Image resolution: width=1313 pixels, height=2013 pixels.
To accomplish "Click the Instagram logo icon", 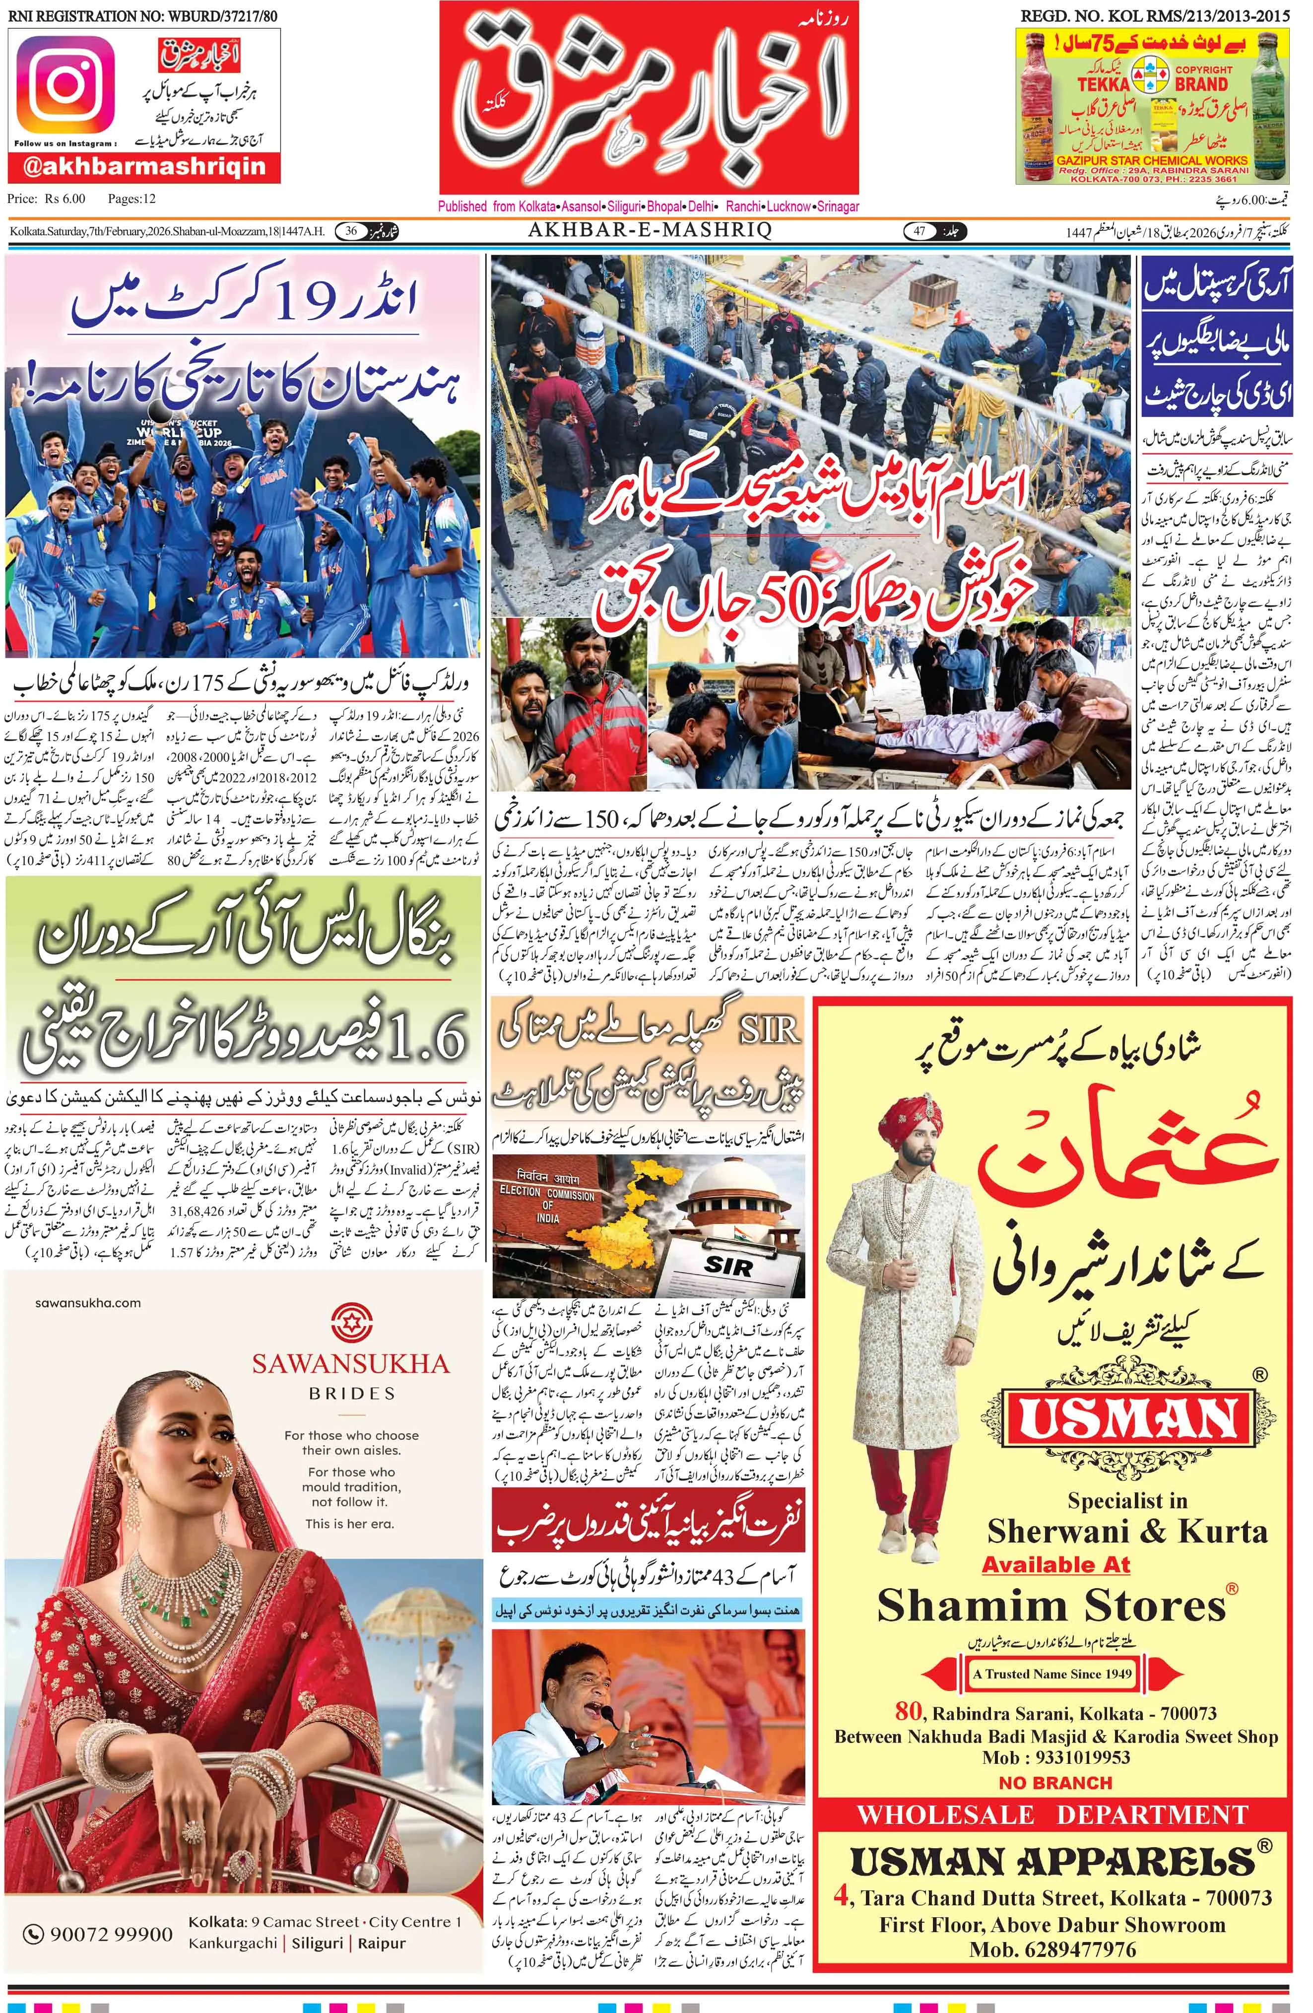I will click(64, 84).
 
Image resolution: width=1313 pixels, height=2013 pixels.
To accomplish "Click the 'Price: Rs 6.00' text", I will click(47, 200).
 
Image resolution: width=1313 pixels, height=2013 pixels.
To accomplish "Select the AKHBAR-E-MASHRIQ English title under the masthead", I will click(650, 230).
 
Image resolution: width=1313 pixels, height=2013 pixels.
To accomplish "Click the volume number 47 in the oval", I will click(919, 231).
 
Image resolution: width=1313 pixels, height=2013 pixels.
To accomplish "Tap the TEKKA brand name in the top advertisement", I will click(1103, 84).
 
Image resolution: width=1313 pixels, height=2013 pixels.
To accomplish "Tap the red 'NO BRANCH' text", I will click(1054, 1782).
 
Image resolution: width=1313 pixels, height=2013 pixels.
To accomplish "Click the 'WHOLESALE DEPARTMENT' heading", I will click(1052, 1815).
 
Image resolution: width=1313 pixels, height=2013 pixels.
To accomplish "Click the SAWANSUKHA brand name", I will click(351, 1363).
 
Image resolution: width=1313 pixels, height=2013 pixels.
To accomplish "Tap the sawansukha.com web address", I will click(88, 1302).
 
